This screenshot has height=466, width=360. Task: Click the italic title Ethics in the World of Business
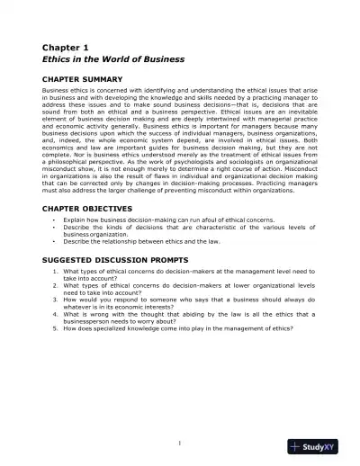(x=113, y=58)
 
